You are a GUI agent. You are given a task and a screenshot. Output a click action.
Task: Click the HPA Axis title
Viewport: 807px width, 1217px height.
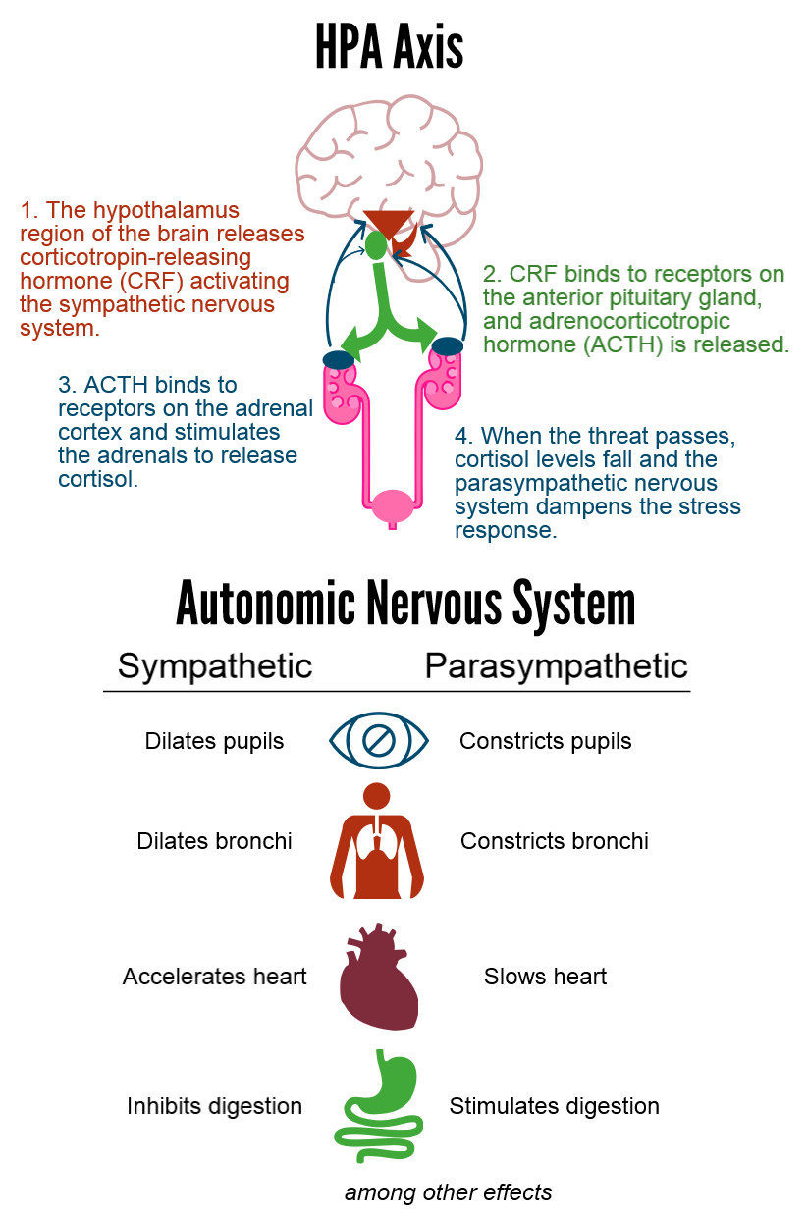point(389,47)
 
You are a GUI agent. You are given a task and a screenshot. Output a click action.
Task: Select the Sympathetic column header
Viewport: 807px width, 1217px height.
point(215,666)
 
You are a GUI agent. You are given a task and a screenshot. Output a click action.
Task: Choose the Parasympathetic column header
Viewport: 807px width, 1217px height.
point(556,666)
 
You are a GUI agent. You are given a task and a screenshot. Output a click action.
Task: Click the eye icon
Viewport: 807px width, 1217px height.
point(379,740)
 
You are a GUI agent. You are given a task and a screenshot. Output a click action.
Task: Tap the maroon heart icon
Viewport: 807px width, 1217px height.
point(379,977)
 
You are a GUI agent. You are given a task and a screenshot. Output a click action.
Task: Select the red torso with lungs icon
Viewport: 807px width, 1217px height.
point(377,841)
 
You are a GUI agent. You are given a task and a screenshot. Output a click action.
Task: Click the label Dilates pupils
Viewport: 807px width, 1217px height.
point(214,742)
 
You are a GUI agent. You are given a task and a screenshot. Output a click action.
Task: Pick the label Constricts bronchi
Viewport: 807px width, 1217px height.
point(555,841)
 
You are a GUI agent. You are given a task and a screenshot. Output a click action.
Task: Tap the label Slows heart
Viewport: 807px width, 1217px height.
point(545,977)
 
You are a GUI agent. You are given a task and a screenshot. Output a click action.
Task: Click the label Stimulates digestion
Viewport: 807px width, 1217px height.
point(555,1107)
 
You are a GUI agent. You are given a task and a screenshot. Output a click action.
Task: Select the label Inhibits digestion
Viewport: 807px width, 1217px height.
point(214,1107)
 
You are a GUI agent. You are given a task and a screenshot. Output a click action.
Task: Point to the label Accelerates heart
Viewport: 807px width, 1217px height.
point(214,977)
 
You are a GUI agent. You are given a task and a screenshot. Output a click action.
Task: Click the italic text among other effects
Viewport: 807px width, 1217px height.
point(449,1192)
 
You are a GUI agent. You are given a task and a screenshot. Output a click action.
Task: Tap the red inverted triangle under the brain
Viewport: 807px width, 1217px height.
point(388,222)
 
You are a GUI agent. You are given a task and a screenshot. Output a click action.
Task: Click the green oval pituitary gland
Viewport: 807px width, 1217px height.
point(375,245)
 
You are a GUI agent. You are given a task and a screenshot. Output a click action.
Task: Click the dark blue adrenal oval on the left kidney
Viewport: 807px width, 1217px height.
point(338,359)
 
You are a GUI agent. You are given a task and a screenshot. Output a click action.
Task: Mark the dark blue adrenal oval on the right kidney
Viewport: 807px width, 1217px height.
point(448,346)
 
